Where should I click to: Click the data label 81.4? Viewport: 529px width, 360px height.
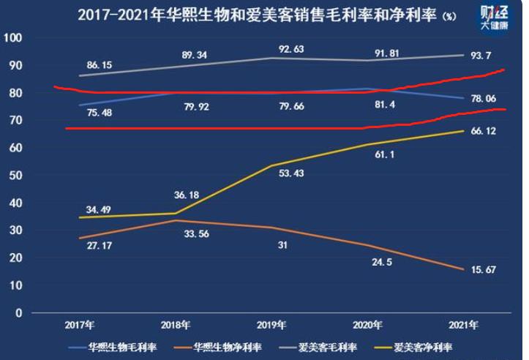(386, 106)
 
